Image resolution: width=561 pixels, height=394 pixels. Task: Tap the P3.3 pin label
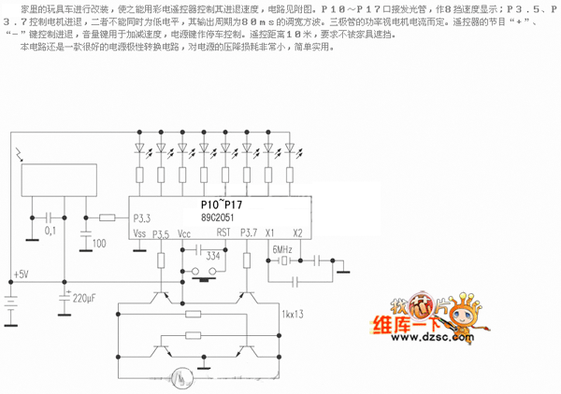[x=142, y=218]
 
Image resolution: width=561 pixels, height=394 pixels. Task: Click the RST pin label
[x=223, y=232]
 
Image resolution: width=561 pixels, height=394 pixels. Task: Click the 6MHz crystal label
[x=283, y=250]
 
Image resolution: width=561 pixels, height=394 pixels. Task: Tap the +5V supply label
[x=20, y=274]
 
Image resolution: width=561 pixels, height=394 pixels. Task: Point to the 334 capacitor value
[x=213, y=255]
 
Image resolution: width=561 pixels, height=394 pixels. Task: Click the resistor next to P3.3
[x=107, y=218]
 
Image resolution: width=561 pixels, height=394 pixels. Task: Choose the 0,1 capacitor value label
[x=50, y=230]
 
